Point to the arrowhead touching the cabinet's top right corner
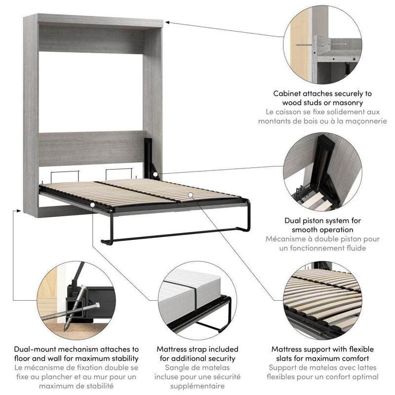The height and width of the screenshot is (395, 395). click(167, 21)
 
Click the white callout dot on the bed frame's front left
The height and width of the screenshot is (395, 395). click(92, 204)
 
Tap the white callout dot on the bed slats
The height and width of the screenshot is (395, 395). click(191, 195)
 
